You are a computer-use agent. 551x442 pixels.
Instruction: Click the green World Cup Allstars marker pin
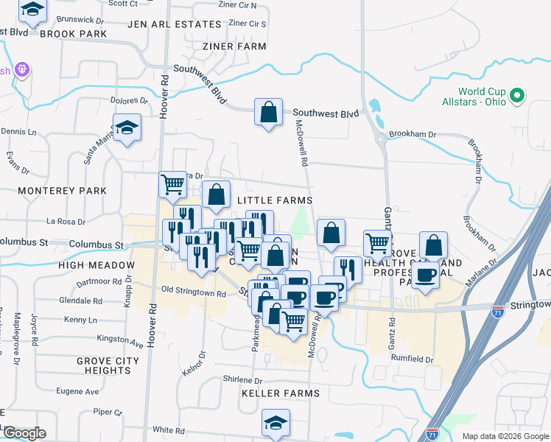click(x=517, y=96)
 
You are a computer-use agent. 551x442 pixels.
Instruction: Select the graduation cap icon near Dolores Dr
click(x=127, y=127)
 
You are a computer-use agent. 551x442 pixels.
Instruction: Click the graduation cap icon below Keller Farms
click(x=276, y=422)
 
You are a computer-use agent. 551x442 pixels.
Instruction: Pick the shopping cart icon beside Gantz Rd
click(x=377, y=242)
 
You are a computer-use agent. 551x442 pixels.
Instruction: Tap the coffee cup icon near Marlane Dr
click(x=426, y=275)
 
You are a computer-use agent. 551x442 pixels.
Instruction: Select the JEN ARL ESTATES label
click(x=175, y=24)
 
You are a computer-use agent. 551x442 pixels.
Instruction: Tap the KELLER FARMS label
click(x=281, y=393)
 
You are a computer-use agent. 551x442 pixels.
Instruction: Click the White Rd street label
click(x=169, y=429)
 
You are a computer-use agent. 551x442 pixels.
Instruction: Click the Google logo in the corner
click(x=24, y=433)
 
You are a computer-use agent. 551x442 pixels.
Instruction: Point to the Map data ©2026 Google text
click(x=505, y=436)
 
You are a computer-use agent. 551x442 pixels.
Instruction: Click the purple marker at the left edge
click(x=22, y=71)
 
